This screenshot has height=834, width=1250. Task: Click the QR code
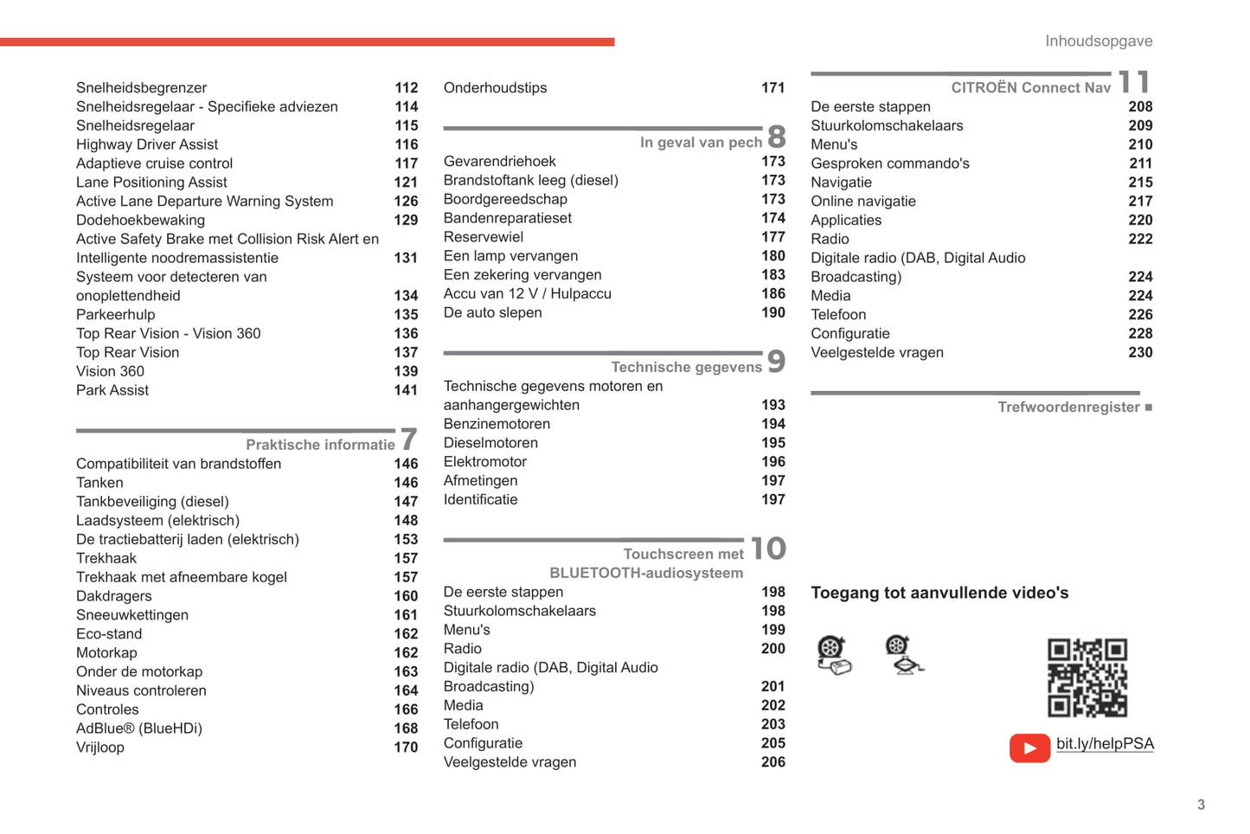pyautogui.click(x=1087, y=677)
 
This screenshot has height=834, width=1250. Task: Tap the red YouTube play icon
pyautogui.click(x=1029, y=747)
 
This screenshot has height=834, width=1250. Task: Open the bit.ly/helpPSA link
pyautogui.click(x=1105, y=744)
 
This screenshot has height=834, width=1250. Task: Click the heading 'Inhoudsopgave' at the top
pyautogui.click(x=1099, y=42)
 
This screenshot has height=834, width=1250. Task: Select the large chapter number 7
pyautogui.click(x=408, y=439)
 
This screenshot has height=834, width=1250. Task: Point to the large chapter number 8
pyautogui.click(x=776, y=137)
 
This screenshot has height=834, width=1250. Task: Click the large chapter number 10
pyautogui.click(x=768, y=549)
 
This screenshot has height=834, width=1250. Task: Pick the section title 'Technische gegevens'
pyautogui.click(x=686, y=367)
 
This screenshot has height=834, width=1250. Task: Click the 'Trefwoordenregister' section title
pyautogui.click(x=1068, y=407)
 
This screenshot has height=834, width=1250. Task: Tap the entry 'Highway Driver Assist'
pyautogui.click(x=147, y=144)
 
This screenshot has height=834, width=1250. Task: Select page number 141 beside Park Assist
pyautogui.click(x=406, y=390)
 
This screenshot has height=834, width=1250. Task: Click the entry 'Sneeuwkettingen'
pyautogui.click(x=132, y=615)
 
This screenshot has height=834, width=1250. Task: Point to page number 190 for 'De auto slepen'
pyautogui.click(x=773, y=312)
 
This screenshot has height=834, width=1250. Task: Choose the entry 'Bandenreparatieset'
pyautogui.click(x=508, y=218)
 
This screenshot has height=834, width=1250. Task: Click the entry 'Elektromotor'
pyautogui.click(x=485, y=462)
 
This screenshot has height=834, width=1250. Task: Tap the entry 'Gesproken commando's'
pyautogui.click(x=890, y=164)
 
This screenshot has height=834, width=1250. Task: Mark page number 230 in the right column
pyautogui.click(x=1140, y=352)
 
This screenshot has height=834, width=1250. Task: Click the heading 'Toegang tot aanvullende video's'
pyautogui.click(x=939, y=593)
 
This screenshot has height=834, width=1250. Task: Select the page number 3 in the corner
pyautogui.click(x=1201, y=805)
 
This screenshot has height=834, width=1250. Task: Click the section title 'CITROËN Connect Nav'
pyautogui.click(x=1030, y=87)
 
